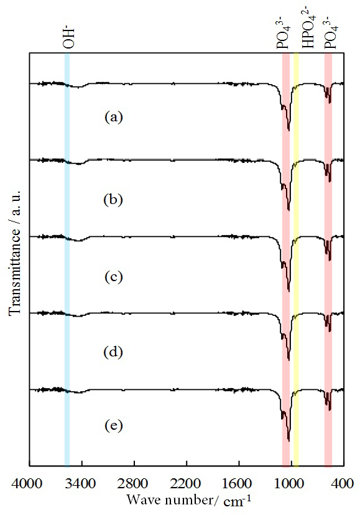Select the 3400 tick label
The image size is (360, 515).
(79, 483)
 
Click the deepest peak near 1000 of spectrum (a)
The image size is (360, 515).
(288, 130)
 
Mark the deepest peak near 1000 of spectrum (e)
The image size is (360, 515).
(288, 440)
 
